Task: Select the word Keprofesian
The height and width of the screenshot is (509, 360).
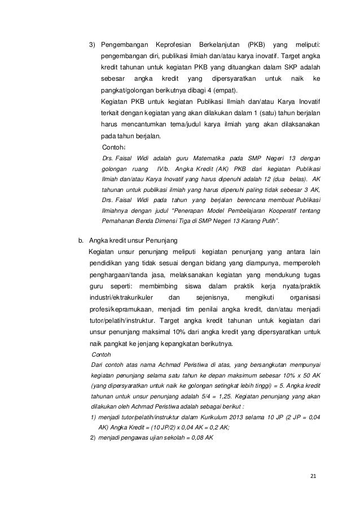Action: (x=173, y=45)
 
